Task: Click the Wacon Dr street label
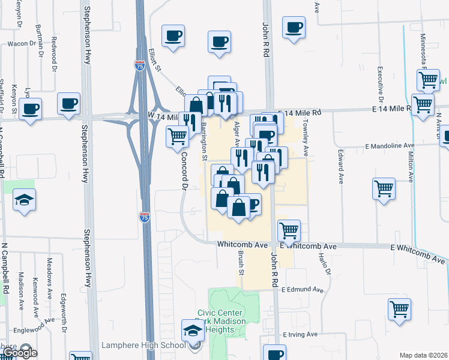tap(22, 44)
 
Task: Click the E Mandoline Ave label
tap(390, 146)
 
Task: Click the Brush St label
tap(242, 263)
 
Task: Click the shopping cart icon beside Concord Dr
tap(177, 136)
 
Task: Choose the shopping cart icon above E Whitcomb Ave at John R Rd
tap(289, 230)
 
